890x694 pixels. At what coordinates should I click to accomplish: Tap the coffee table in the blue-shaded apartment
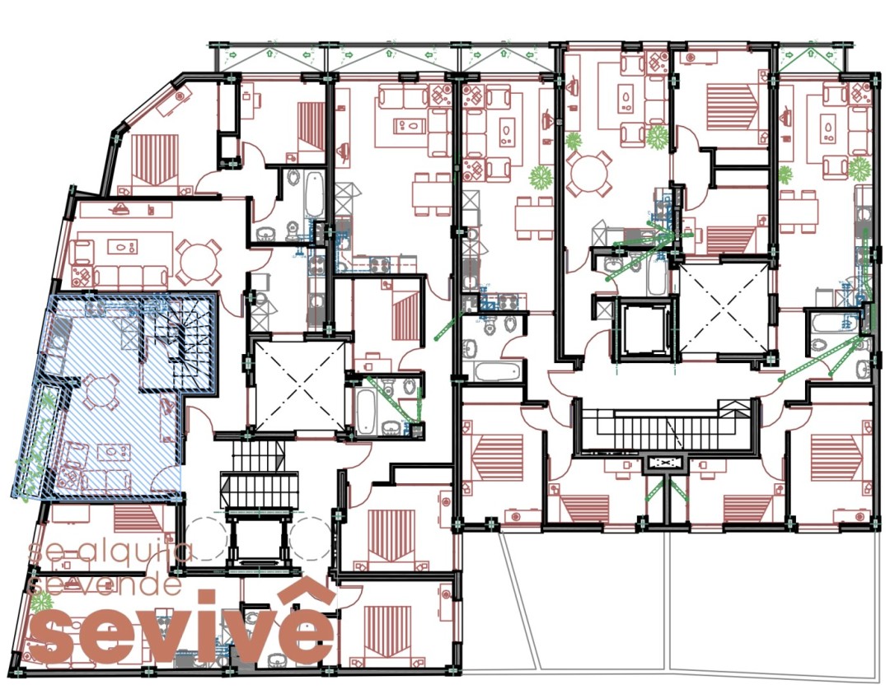click(x=114, y=453)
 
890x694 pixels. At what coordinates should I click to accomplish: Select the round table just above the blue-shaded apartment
click(x=198, y=261)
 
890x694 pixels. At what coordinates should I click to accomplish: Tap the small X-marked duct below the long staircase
click(x=663, y=463)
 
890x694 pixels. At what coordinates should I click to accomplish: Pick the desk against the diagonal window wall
click(x=172, y=103)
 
